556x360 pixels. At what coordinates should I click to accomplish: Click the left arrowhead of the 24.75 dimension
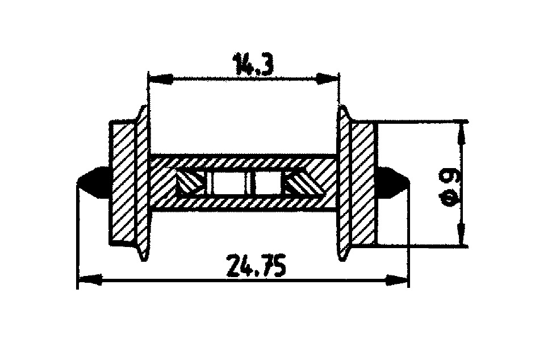point(88,279)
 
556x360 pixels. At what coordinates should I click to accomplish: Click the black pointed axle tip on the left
point(91,182)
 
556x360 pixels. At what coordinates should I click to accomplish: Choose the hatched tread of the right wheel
point(362,183)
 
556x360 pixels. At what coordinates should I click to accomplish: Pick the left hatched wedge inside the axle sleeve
point(189,183)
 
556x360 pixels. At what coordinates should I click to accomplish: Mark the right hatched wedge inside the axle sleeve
point(299,183)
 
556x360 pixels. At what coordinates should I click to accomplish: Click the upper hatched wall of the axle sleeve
point(244,162)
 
